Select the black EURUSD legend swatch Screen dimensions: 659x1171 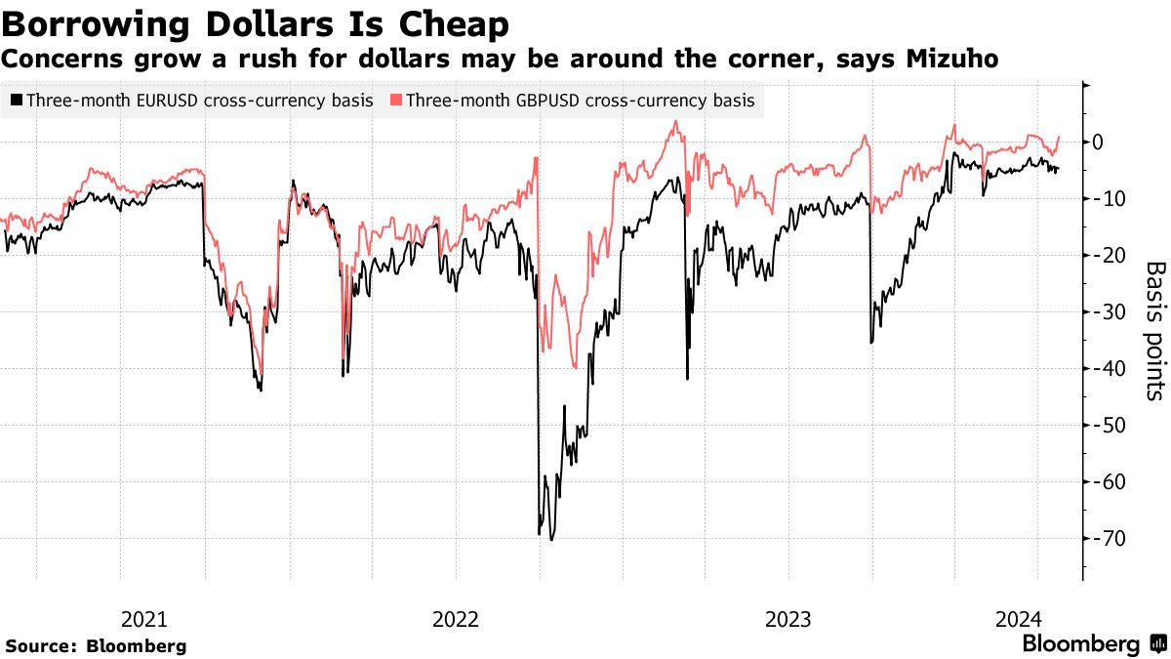coord(17,100)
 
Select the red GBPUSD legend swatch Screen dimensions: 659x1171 coord(395,100)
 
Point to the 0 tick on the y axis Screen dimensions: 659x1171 coord(1098,143)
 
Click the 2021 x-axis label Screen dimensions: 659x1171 coord(143,619)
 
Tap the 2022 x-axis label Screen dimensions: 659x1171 coord(455,619)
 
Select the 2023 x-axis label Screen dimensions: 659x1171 coord(787,619)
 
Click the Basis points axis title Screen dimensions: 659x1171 coord(1154,330)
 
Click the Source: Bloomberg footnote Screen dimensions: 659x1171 coord(97,646)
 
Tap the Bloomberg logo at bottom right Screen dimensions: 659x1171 coord(1080,644)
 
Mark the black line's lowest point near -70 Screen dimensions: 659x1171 coord(551,540)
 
